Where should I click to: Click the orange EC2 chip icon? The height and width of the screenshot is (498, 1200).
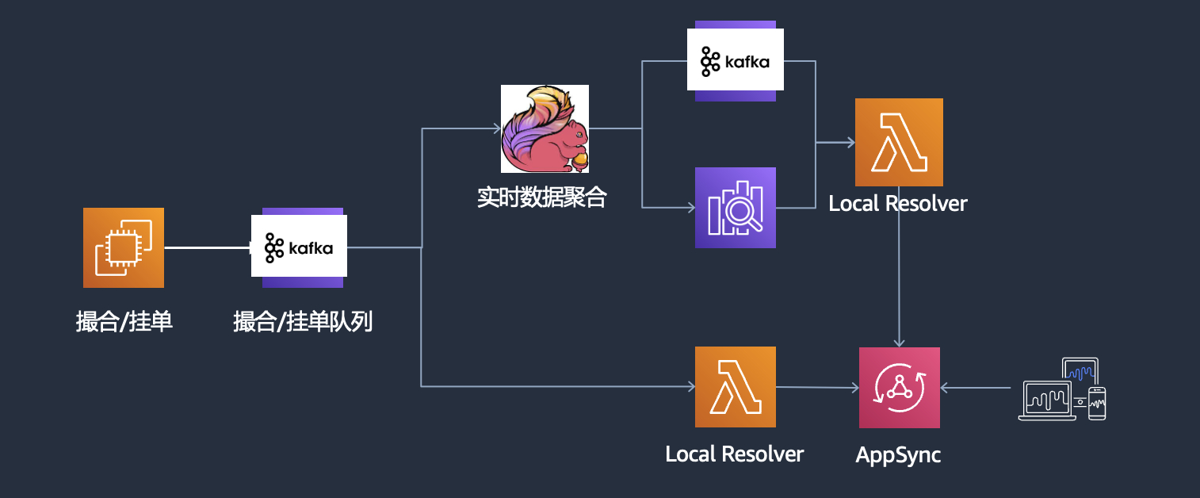[124, 247]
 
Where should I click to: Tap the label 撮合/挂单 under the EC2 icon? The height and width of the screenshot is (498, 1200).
[124, 322]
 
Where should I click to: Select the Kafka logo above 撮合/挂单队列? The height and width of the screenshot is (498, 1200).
[299, 247]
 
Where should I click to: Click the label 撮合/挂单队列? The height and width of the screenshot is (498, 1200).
[303, 322]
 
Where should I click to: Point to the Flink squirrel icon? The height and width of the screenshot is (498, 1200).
[545, 128]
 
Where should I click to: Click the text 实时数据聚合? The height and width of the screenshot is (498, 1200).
[541, 197]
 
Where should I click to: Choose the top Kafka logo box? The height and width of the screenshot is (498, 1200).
[736, 60]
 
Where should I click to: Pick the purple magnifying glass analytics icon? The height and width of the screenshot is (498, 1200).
[736, 208]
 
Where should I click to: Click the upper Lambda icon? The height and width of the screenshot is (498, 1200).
[899, 142]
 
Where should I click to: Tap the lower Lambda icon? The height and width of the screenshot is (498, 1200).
[736, 387]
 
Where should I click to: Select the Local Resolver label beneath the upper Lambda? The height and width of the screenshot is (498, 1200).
[898, 204]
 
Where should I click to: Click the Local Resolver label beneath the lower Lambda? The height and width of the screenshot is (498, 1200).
[735, 454]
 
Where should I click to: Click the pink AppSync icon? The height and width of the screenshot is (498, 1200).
[899, 387]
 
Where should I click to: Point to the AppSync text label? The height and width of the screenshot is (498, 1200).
[898, 455]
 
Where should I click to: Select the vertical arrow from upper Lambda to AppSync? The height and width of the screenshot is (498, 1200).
[899, 278]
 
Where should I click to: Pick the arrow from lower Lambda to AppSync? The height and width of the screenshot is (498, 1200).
[816, 388]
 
